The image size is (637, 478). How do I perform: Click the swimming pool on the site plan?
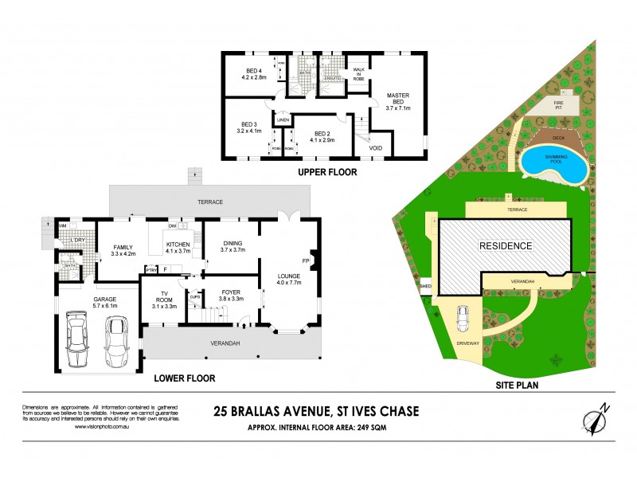click(555, 164)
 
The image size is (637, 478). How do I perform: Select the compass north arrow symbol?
click(596, 420)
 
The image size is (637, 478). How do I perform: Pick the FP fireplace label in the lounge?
click(306, 260)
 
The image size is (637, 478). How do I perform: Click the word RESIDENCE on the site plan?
click(505, 245)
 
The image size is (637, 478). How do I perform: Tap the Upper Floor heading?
click(327, 172)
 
